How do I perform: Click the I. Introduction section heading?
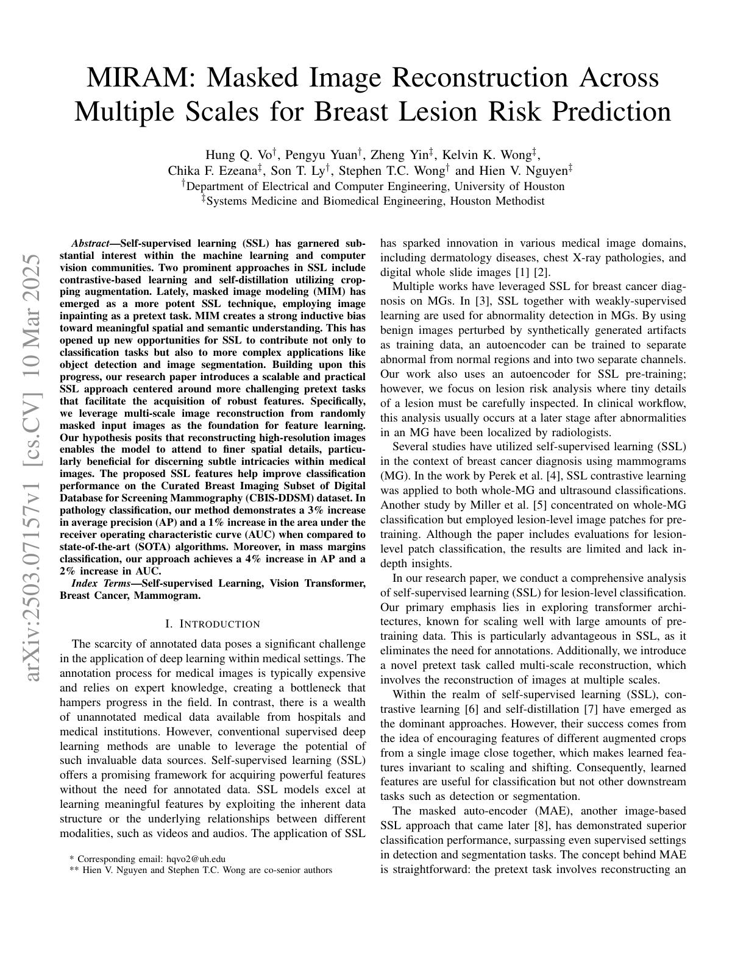point(213,624)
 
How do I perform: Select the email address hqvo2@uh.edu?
point(196,858)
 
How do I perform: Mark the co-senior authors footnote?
point(201,870)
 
